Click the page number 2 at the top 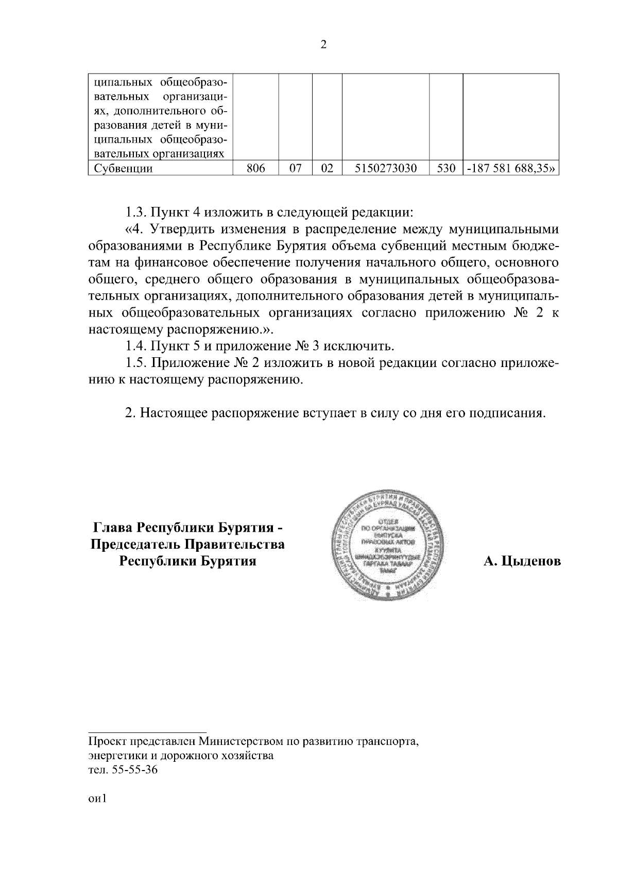pos(323,45)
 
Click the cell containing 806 pos(256,168)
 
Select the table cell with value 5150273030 pos(386,168)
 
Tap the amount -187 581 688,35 pos(511,168)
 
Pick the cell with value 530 pos(446,168)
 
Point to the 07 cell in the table pos(295,168)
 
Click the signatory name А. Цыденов pos(522,562)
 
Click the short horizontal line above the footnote pos(147,732)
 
